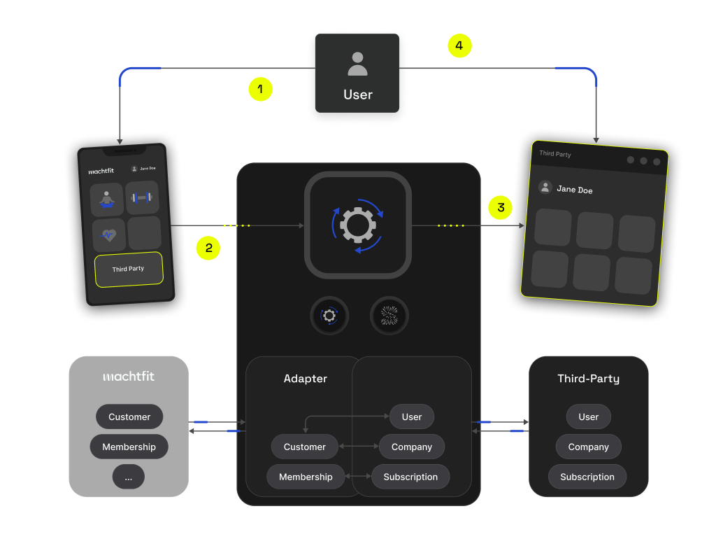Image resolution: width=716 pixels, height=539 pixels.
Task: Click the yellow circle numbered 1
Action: click(x=260, y=90)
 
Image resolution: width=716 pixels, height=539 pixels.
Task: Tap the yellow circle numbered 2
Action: click(x=208, y=248)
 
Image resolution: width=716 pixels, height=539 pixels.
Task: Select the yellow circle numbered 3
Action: click(x=501, y=208)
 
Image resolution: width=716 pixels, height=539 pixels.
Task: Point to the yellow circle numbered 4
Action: click(x=459, y=46)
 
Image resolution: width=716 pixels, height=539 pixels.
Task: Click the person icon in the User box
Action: click(x=357, y=64)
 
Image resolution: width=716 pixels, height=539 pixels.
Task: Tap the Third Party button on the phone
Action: click(x=129, y=269)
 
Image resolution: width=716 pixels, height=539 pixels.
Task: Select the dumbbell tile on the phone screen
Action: click(x=142, y=198)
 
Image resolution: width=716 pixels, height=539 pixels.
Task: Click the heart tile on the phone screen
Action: click(x=108, y=234)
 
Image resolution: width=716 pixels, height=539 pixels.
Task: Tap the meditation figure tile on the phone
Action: click(x=106, y=199)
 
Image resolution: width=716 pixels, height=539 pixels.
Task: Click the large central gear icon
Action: click(x=357, y=225)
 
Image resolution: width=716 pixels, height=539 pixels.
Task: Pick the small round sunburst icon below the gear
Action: click(x=389, y=316)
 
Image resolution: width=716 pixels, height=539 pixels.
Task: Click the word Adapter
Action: click(x=306, y=379)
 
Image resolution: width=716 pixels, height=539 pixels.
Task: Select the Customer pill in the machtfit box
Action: click(x=129, y=416)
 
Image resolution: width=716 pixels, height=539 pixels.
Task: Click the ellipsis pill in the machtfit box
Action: click(x=129, y=477)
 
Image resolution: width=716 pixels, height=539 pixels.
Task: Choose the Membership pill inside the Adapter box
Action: click(x=306, y=477)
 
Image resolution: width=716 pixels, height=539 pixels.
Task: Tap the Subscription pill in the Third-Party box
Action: click(x=587, y=477)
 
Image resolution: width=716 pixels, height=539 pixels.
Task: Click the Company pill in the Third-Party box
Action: click(x=588, y=447)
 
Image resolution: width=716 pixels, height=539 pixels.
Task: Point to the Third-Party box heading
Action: click(x=588, y=379)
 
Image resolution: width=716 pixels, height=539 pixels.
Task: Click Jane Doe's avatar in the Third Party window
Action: click(x=545, y=188)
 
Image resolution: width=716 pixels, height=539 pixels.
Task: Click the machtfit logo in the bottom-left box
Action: click(x=129, y=377)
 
